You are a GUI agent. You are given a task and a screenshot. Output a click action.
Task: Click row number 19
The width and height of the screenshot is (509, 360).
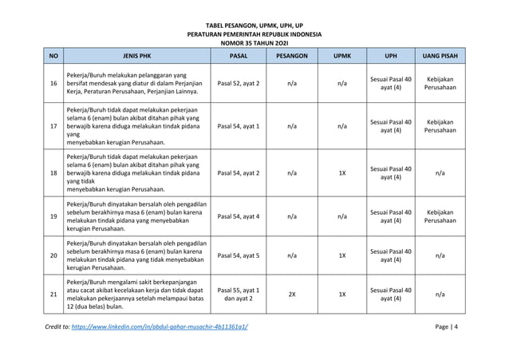(53, 216)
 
